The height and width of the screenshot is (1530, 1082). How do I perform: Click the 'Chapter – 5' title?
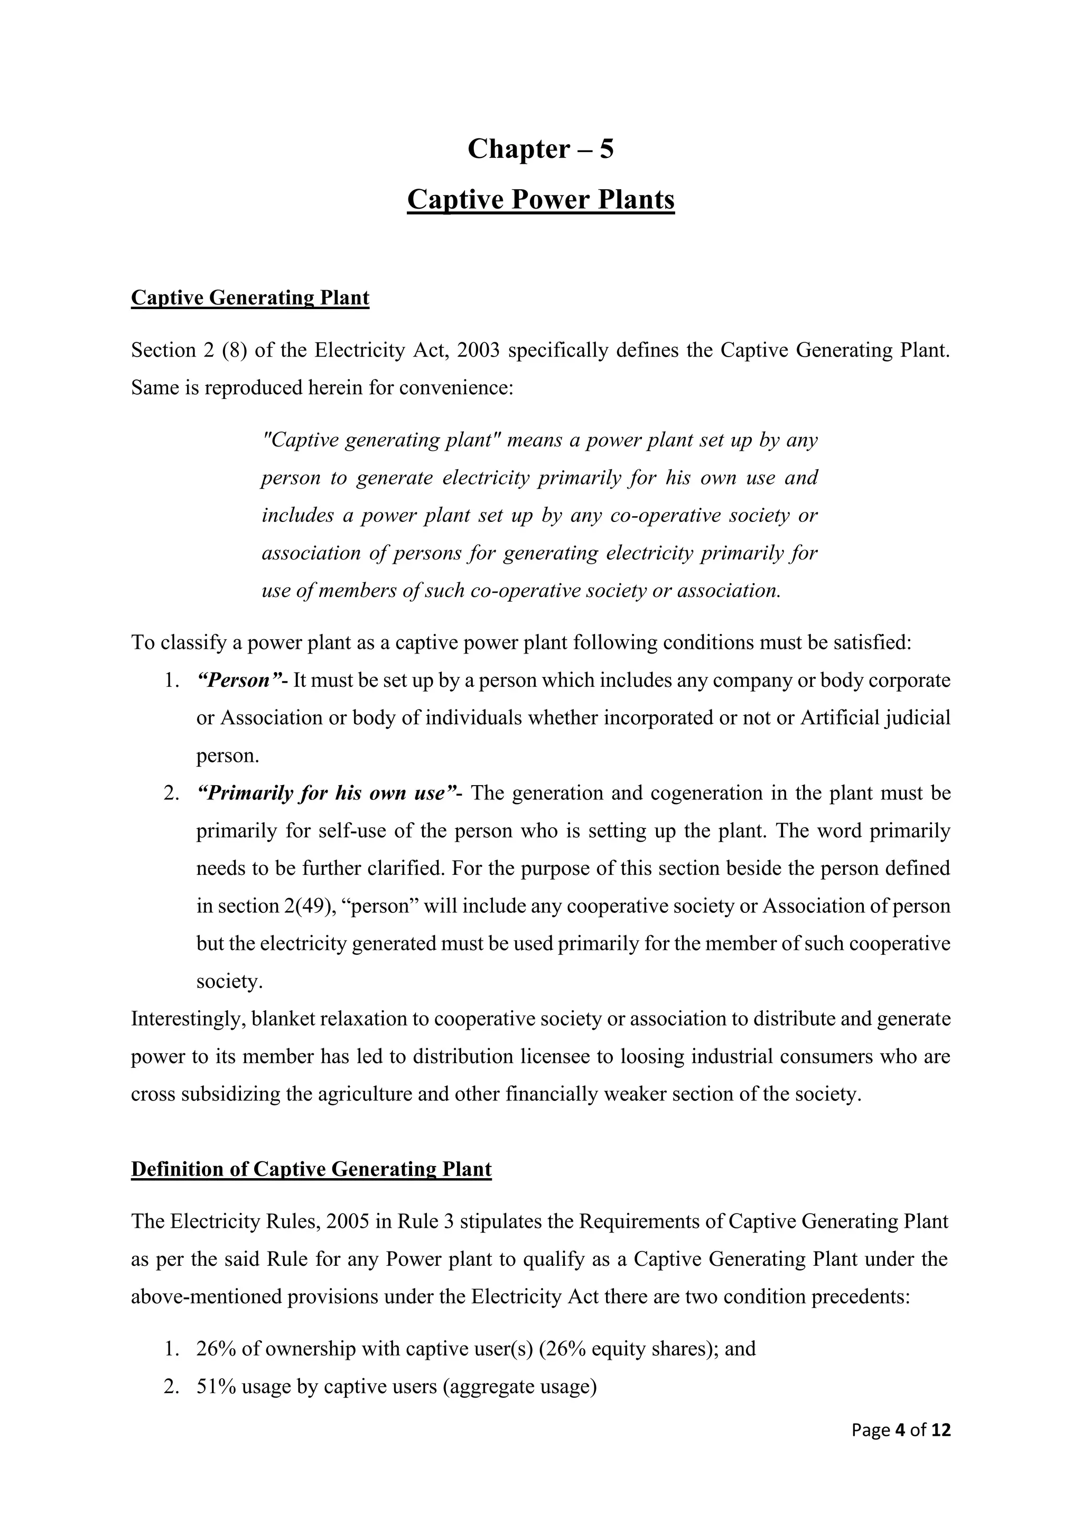tap(540, 148)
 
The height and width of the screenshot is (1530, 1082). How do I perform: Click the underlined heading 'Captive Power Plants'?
tap(540, 200)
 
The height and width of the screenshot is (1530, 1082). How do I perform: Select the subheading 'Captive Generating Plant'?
tap(250, 297)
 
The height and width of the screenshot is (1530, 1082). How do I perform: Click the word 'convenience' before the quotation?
tap(456, 388)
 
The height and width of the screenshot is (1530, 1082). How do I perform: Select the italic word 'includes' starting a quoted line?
tap(297, 516)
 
